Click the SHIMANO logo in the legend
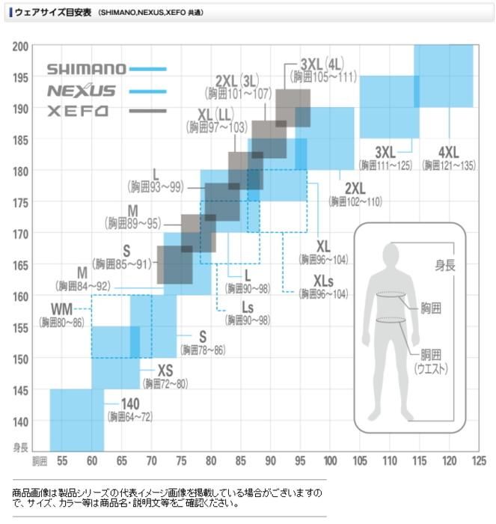tap(87, 69)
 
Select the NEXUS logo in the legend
tap(82, 91)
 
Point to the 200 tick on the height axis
tap(19, 46)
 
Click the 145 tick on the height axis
tap(19, 390)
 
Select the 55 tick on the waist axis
tap(62, 460)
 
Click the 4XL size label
tap(449, 150)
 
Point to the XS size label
tap(165, 371)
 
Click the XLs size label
tap(324, 281)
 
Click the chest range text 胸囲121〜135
tap(448, 165)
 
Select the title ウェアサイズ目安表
tap(52, 13)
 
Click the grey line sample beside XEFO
tap(147, 112)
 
